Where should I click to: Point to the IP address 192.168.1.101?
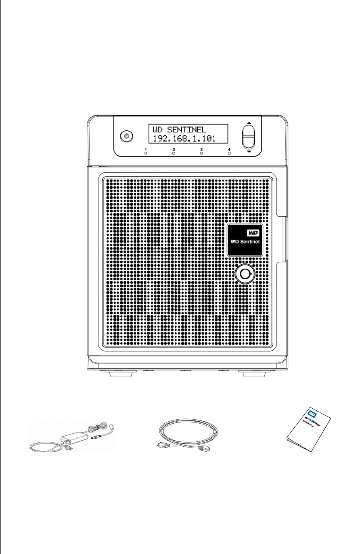point(184,138)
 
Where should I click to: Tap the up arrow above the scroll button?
point(249,122)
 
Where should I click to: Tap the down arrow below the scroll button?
point(249,153)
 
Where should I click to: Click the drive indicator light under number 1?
point(146,154)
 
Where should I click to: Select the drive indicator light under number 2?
point(174,154)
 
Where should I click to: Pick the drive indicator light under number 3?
point(201,154)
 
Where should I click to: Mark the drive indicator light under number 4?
point(229,154)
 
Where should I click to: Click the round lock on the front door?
point(245,275)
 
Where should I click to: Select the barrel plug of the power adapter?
point(96,437)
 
